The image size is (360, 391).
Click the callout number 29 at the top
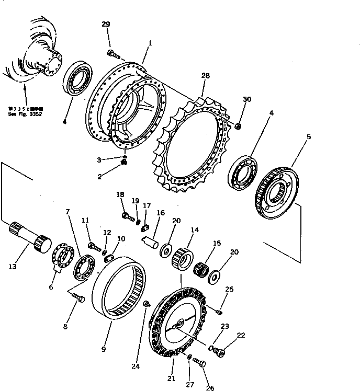106,25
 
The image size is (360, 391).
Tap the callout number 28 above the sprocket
205,76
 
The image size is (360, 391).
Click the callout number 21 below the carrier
171,377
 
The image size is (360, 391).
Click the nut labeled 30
238,125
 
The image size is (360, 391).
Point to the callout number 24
136,366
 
